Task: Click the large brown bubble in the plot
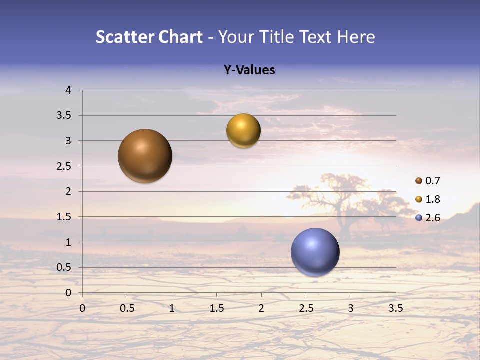145,156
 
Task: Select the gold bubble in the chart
243,130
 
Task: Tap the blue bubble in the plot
315,252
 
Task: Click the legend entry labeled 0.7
428,181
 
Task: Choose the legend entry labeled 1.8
428,199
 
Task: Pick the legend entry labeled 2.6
428,218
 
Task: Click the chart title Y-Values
249,70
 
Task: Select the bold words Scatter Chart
149,37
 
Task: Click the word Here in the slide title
356,37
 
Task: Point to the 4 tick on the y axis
68,90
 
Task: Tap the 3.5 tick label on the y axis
65,116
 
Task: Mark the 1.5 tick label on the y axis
65,217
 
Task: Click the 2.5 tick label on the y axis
65,166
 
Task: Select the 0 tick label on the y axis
68,293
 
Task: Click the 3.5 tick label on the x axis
395,308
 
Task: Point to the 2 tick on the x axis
261,308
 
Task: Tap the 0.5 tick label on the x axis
127,308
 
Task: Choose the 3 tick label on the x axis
351,308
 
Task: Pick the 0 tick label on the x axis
82,308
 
